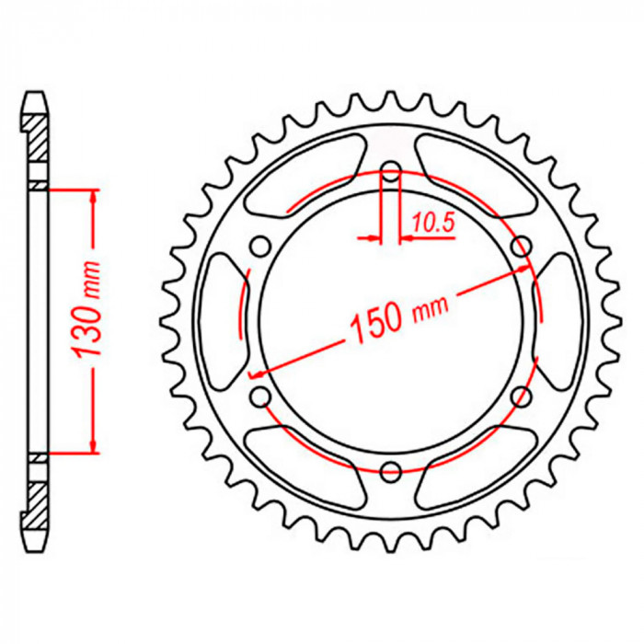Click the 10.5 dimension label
[x=433, y=223]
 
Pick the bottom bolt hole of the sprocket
[x=391, y=471]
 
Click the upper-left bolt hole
[x=260, y=246]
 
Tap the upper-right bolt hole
[x=522, y=246]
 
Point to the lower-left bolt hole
[x=260, y=397]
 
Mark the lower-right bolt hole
[x=522, y=396]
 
